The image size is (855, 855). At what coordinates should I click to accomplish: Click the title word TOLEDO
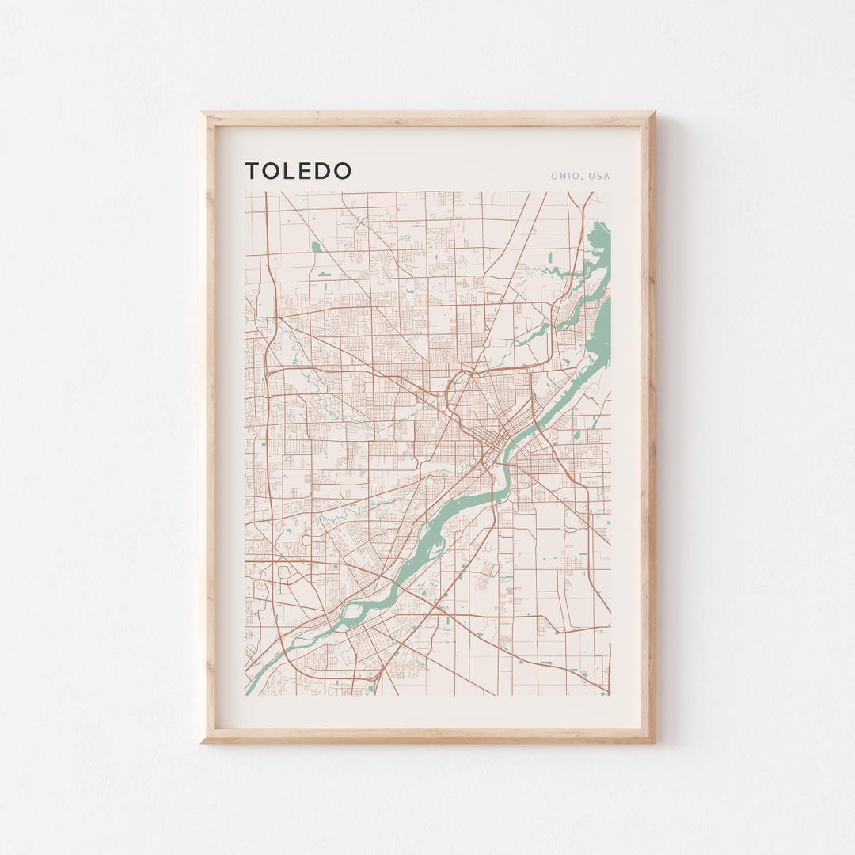coord(298,171)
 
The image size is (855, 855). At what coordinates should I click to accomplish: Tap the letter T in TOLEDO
coord(253,171)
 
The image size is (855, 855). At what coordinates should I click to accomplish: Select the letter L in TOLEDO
coord(290,171)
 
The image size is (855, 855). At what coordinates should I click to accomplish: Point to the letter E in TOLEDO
coord(306,171)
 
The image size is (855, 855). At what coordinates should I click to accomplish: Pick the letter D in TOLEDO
coord(323,171)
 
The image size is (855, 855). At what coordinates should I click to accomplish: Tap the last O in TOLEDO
coord(343,171)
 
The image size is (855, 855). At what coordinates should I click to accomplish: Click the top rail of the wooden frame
coord(427,119)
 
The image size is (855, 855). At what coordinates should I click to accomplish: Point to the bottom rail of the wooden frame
coord(427,735)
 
